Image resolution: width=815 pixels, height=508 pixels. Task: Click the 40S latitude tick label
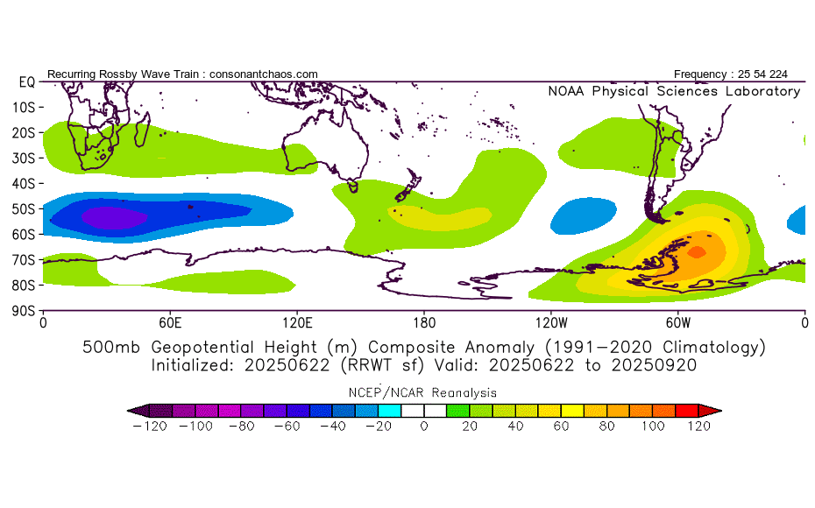[24, 183]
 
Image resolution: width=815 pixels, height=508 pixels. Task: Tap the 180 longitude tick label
[423, 321]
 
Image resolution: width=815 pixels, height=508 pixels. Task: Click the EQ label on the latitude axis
[26, 81]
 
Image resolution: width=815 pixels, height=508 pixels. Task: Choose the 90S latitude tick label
[24, 310]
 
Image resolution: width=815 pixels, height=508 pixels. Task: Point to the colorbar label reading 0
[423, 427]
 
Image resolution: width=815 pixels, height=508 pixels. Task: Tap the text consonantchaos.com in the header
[264, 74]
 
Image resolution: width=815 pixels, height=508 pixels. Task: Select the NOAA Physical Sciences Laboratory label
[673, 91]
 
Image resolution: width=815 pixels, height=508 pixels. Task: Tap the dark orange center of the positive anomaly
[697, 252]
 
